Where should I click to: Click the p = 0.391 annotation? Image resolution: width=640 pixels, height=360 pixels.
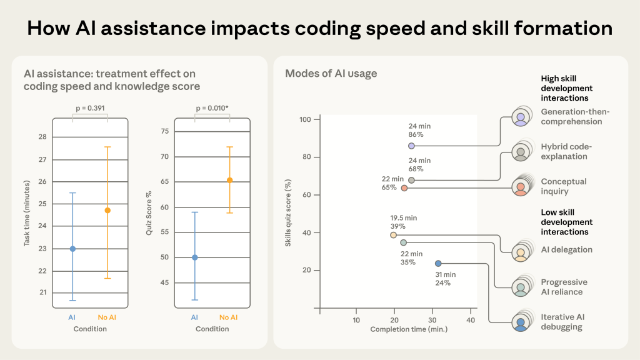[x=90, y=108]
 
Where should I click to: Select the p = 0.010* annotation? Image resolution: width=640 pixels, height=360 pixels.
[x=212, y=108]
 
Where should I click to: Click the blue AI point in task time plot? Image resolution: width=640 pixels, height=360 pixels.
[x=72, y=249]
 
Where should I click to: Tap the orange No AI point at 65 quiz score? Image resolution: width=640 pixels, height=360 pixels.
[x=229, y=180]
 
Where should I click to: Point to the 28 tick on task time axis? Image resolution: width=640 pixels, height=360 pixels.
[x=42, y=137]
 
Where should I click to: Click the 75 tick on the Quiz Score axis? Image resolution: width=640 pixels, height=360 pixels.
[x=164, y=131]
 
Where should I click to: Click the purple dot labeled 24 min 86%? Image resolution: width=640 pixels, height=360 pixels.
[x=411, y=146]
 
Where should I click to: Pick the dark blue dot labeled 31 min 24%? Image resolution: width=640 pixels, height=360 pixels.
[x=437, y=264]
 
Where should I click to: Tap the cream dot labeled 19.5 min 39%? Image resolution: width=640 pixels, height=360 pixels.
[x=393, y=235]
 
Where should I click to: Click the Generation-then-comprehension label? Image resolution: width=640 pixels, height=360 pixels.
[x=575, y=117]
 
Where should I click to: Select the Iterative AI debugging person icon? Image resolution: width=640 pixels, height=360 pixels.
[x=520, y=323]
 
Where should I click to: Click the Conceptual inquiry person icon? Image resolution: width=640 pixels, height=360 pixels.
[x=520, y=187]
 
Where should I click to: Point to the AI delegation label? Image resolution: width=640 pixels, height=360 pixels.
[x=566, y=250]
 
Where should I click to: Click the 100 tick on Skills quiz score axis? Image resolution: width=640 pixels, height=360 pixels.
[x=306, y=119]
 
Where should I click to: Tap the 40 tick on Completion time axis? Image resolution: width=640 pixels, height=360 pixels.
[x=471, y=320]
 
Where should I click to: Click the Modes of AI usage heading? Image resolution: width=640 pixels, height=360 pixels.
[x=331, y=74]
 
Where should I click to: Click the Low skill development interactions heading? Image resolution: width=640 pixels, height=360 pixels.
[x=566, y=222]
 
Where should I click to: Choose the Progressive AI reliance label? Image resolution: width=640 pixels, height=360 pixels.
[x=564, y=287]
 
